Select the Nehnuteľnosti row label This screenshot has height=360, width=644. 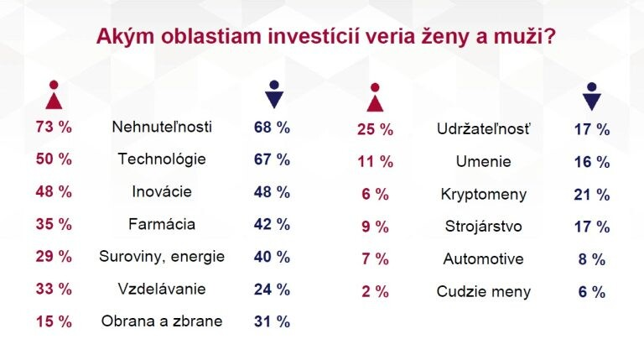[x=162, y=127]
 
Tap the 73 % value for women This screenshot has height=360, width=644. [x=54, y=127]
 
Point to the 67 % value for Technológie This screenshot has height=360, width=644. [x=272, y=159]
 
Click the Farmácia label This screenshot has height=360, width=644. [x=162, y=224]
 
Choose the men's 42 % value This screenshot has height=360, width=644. [x=272, y=224]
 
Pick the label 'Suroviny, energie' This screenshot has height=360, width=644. [x=162, y=256]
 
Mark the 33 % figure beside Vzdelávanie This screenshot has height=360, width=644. [x=54, y=289]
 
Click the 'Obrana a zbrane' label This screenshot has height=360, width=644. [x=162, y=321]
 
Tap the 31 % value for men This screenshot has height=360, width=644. [x=272, y=321]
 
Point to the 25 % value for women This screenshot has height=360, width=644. [x=375, y=129]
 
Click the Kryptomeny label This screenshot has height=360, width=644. [x=484, y=195]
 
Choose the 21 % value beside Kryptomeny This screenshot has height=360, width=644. [x=591, y=195]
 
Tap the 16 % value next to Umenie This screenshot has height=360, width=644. [x=591, y=162]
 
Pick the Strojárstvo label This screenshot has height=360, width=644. [x=484, y=227]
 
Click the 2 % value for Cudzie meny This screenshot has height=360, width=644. [x=375, y=292]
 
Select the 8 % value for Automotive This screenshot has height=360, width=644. [x=591, y=259]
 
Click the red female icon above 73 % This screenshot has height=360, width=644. [x=54, y=95]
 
